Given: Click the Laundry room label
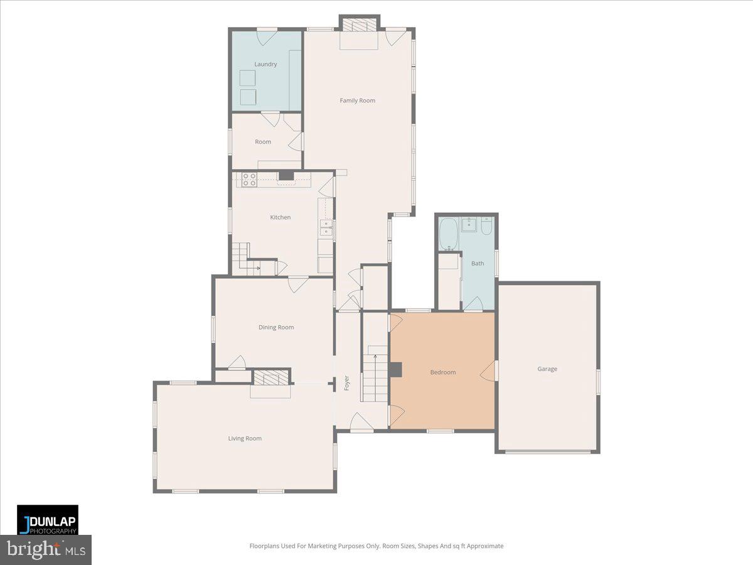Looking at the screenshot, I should pos(265,64).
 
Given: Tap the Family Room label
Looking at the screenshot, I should pos(358,100).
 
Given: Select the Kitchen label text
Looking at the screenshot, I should pos(280,217).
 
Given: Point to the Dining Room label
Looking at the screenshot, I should pos(276,327).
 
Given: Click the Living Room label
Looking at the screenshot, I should pos(245,438).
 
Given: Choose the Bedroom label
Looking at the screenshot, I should pos(443,372).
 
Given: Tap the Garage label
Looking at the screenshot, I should pos(547,369).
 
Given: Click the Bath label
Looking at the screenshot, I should pos(478,264).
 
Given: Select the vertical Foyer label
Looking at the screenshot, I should pos(346,383).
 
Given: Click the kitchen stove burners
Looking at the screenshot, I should pos(249,180).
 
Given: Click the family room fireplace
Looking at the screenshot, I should pos(360,25).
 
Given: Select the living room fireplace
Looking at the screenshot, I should pos(271,377).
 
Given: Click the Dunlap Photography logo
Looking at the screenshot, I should pos(48,520).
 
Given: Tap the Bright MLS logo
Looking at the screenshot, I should pos(46,550).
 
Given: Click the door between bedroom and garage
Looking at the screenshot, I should pos(488,372).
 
